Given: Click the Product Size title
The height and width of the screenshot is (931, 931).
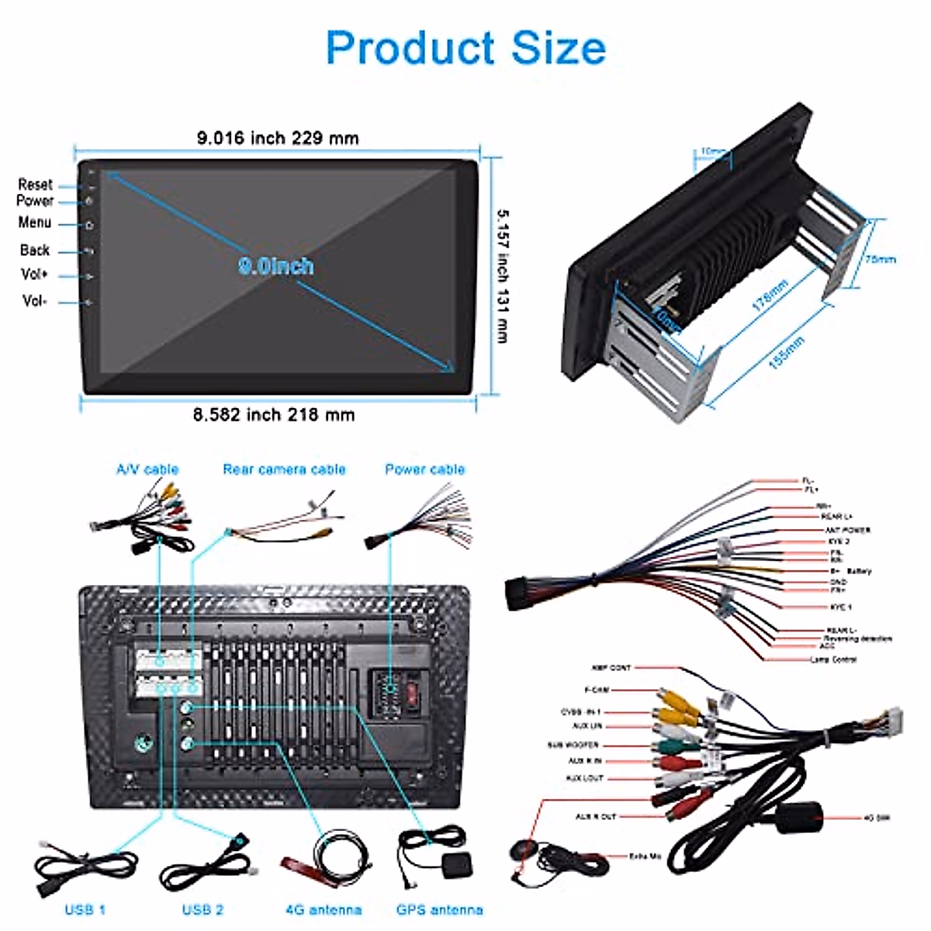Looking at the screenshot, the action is (465, 48).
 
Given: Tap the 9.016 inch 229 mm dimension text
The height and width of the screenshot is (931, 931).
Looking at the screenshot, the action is (278, 139).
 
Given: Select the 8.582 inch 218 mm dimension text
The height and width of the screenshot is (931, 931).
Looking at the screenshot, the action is (274, 415).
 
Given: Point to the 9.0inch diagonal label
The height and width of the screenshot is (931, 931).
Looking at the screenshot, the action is (276, 266).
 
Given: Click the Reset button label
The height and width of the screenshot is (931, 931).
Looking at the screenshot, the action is (35, 185).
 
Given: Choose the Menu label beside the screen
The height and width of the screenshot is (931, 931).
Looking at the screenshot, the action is (35, 223).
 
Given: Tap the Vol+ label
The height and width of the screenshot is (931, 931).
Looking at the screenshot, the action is (34, 275).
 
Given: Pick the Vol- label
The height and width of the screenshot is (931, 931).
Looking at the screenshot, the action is (34, 300).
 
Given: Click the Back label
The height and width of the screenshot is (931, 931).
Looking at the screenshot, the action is (35, 250).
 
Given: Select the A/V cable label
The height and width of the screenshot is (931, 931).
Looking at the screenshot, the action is (147, 469).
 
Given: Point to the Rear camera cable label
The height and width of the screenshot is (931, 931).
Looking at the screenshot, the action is (284, 469).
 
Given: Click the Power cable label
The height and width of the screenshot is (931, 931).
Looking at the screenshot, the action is (424, 469).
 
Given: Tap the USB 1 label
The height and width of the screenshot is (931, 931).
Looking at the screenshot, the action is (85, 910).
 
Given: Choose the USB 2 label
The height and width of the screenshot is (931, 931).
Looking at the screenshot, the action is (202, 910).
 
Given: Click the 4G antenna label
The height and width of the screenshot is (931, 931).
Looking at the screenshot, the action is (324, 910).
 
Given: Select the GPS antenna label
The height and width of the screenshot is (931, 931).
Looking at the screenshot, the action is (439, 910).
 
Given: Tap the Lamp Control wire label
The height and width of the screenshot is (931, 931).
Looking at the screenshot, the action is (833, 659).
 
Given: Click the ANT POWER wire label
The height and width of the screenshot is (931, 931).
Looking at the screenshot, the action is (847, 530).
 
